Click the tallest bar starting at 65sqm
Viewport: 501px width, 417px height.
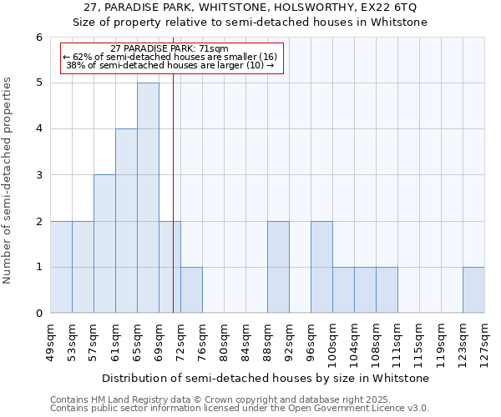pyautogui.click(x=148, y=198)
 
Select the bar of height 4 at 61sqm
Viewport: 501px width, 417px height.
pyautogui.click(x=126, y=221)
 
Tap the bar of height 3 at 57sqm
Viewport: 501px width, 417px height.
pyautogui.click(x=104, y=244)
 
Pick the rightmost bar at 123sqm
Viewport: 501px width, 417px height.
pyautogui.click(x=473, y=290)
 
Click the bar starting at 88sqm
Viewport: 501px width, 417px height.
pyautogui.click(x=278, y=267)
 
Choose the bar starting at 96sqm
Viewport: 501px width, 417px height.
pyautogui.click(x=321, y=267)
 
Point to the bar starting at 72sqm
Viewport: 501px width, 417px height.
pyautogui.click(x=191, y=290)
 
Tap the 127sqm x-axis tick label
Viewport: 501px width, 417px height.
pyautogui.click(x=485, y=341)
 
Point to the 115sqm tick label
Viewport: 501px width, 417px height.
pyautogui.click(x=420, y=341)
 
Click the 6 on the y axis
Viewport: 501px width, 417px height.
pyautogui.click(x=38, y=37)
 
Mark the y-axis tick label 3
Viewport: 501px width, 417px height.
pyautogui.click(x=38, y=175)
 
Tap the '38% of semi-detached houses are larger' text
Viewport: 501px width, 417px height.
pyautogui.click(x=170, y=65)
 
